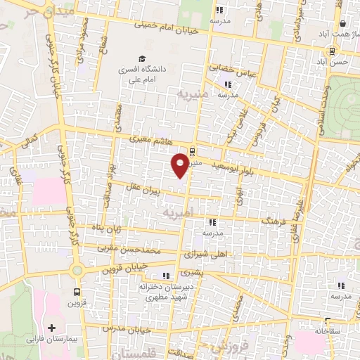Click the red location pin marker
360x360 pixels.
pyautogui.click(x=180, y=165)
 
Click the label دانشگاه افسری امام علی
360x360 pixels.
pyautogui.click(x=143, y=75)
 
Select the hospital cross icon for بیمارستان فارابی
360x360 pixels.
pyautogui.click(x=50, y=328)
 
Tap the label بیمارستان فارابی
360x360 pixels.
pyautogui.click(x=50, y=339)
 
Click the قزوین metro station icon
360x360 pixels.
pyautogui.click(x=75, y=292)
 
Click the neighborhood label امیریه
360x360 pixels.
pyautogui.click(x=178, y=211)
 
